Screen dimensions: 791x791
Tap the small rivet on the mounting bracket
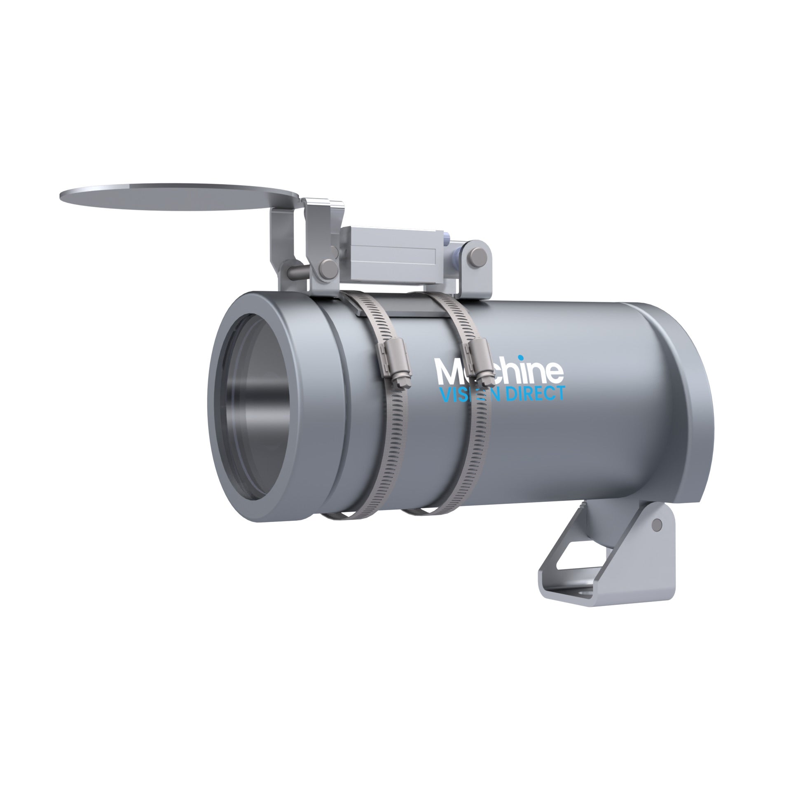coord(657,524)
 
